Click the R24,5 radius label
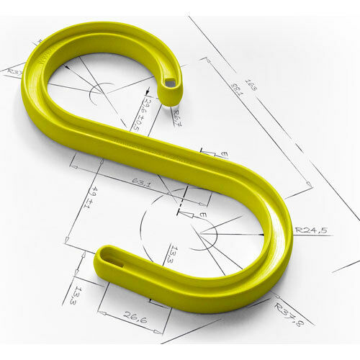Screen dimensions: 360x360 pos(311,230)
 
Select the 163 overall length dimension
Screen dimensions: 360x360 pos(251,86)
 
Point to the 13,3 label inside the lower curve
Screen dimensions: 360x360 pos(170,254)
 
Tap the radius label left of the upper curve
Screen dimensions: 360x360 pos(12,71)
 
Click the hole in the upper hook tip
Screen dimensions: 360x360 pos(170,83)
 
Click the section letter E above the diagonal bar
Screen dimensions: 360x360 pos(224,154)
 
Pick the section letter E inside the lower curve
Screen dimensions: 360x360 pos(202,215)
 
